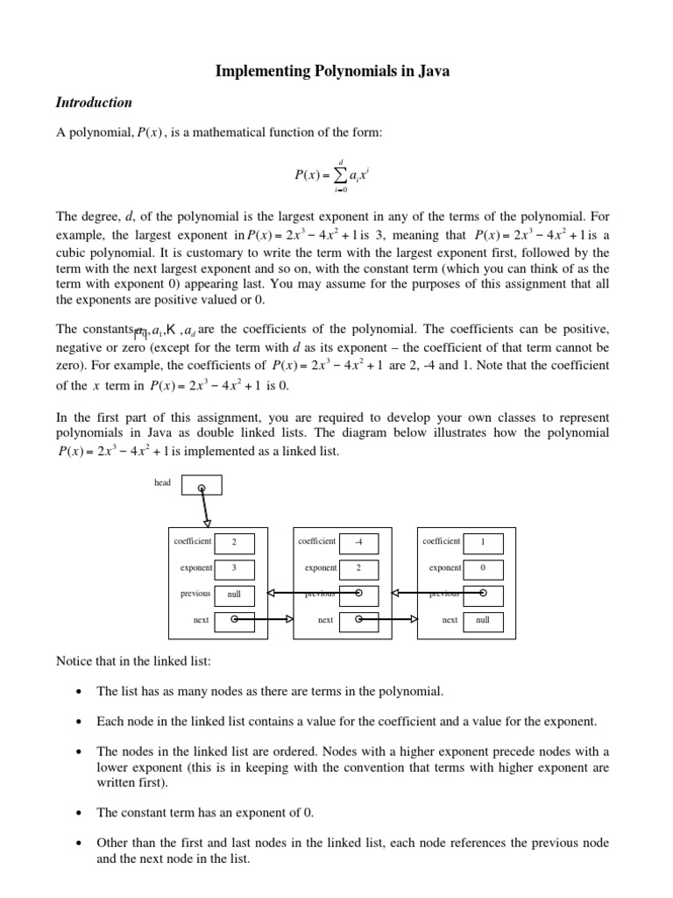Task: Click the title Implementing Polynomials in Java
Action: click(332, 72)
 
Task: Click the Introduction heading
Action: click(94, 103)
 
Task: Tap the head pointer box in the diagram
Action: click(202, 486)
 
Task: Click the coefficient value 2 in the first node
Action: click(234, 543)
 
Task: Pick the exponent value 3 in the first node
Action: click(234, 568)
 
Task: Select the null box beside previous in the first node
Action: click(234, 594)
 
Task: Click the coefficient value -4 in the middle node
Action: click(358, 543)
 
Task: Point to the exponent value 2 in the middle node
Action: click(358, 568)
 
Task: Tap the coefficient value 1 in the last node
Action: click(483, 543)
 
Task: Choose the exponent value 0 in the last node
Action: click(483, 568)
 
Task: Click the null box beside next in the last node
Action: click(483, 620)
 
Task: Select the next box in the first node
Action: click(234, 620)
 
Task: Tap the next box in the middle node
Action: click(358, 620)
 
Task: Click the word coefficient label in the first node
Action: click(192, 542)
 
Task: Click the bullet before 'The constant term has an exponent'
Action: click(79, 813)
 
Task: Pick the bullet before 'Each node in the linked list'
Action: click(79, 722)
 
